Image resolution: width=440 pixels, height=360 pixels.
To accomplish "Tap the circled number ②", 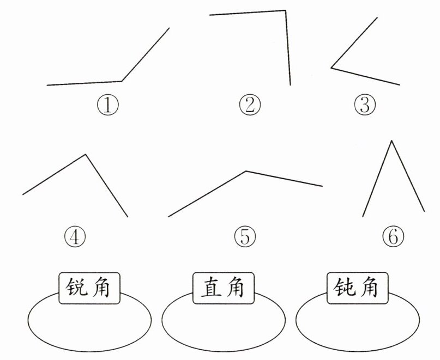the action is pos(250,105).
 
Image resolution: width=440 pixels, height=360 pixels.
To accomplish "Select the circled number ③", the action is pos(365,105).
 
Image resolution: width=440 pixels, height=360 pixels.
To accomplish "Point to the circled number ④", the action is pos(75,236).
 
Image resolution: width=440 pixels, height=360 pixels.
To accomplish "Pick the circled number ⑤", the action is pos(245,236).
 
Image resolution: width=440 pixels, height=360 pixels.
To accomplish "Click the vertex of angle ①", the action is pos(122,81).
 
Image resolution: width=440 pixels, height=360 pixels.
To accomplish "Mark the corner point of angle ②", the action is pos(285,10).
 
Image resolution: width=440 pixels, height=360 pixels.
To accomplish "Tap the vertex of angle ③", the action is pos(331,68).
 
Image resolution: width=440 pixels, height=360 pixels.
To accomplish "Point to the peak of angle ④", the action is pos(85,155).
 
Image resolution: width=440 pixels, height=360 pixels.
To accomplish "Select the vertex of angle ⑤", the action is pos(246,171).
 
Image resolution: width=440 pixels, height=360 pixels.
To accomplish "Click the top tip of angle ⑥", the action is pos(391,141).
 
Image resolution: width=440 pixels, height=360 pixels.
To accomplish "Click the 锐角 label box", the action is pos(89,288).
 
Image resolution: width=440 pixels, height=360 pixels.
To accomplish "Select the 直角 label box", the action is pos(224,288).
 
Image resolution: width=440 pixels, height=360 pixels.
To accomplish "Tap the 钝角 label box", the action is pos(358,288).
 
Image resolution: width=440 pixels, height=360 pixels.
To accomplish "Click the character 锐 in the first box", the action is pos(76,288).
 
